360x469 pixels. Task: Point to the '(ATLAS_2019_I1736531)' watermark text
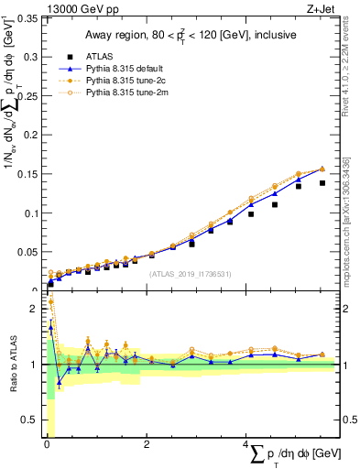pyautogui.click(x=190, y=274)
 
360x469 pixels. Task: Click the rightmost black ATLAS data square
pyautogui.click(x=322, y=183)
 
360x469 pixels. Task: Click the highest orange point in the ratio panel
pyautogui.click(x=50, y=301)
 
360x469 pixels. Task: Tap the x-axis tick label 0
pyautogui.click(x=48, y=444)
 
